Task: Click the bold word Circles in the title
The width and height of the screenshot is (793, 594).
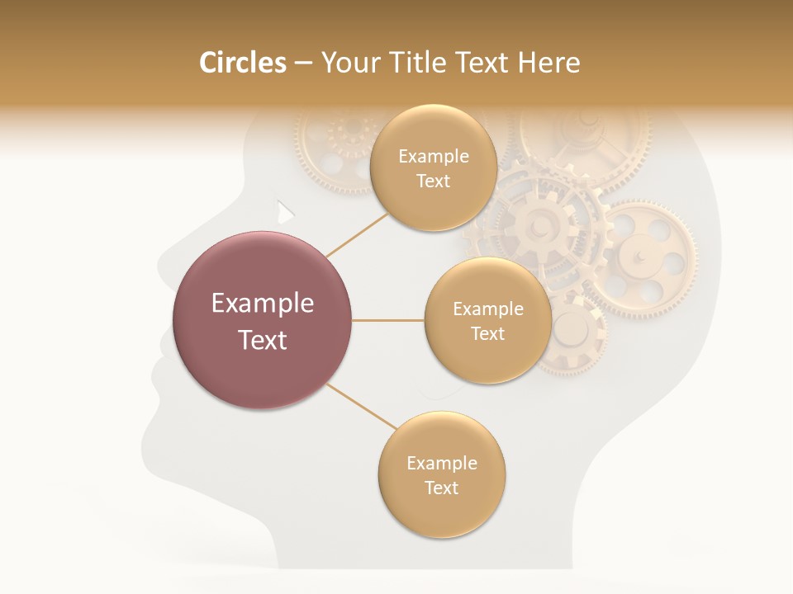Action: pos(243,63)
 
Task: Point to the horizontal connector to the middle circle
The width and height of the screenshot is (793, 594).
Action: pos(388,320)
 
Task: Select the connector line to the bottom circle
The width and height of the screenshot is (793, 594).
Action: pos(361,407)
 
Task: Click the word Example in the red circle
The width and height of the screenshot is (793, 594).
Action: pos(263,304)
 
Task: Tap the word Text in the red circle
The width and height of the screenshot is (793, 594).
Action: pos(263,340)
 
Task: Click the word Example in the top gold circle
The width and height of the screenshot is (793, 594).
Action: pos(433,157)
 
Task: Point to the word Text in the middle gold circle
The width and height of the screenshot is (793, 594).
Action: pos(487,333)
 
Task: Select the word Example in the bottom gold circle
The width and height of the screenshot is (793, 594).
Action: pos(441,463)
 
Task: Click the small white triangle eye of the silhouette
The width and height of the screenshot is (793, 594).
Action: pos(285,212)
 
